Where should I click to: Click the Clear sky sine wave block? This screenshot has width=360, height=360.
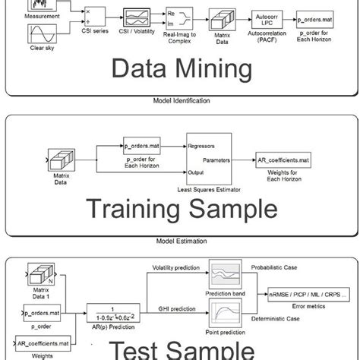39,34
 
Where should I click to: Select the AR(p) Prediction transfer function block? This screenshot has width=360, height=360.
117,311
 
